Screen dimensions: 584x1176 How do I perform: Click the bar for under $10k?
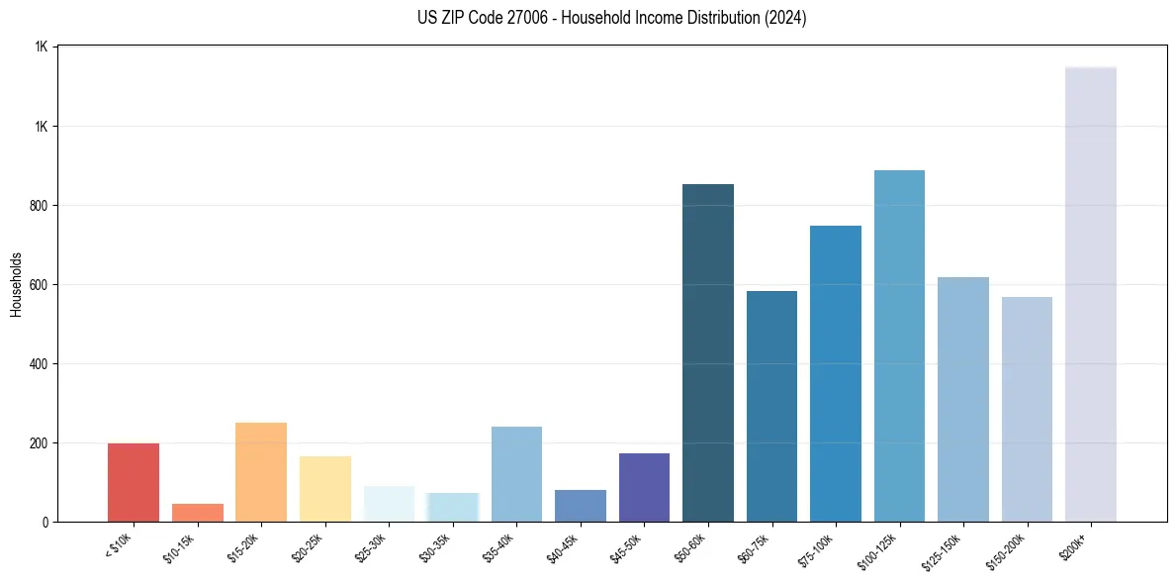click(134, 482)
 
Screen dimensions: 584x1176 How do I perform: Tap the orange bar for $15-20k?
click(261, 472)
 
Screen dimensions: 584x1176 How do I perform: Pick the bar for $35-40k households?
click(516, 474)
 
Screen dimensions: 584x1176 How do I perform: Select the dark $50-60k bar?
click(708, 352)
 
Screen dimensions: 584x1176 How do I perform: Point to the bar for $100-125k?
click(899, 345)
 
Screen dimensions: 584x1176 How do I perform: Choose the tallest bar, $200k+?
click(1090, 294)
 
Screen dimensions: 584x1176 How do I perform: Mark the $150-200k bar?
click(1027, 409)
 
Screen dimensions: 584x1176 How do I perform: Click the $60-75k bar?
click(771, 406)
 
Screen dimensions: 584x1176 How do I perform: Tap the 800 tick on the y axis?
click(39, 206)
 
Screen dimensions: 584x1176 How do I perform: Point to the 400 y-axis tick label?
click(39, 364)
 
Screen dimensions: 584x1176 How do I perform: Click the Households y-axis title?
click(17, 283)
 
